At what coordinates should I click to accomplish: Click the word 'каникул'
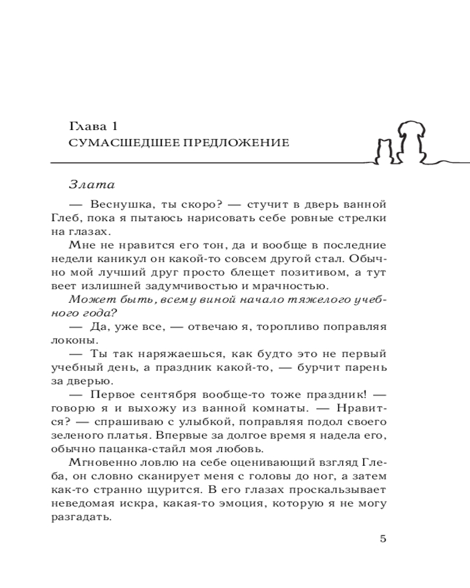[128, 259]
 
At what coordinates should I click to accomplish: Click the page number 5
[383, 539]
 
